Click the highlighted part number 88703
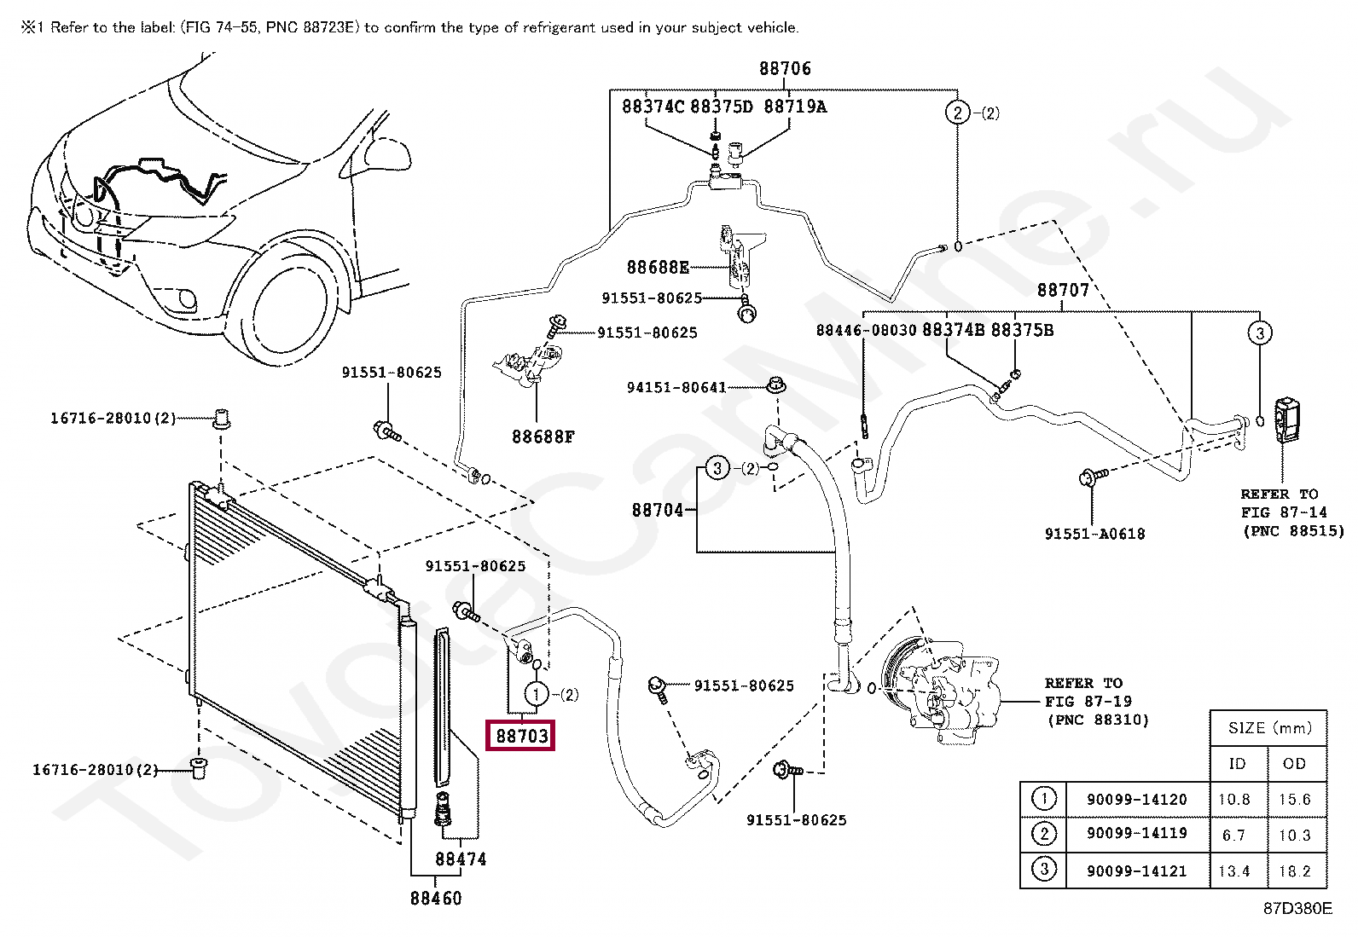point(521,735)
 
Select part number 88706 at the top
point(785,68)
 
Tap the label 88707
point(1063,290)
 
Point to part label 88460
point(436,898)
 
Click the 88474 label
point(461,859)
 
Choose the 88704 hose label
point(658,510)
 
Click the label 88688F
point(543,437)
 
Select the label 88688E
point(658,267)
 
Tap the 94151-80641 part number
point(676,387)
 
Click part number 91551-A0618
point(1095,534)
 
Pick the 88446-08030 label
point(866,330)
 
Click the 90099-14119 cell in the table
point(1137,833)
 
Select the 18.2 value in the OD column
point(1295,871)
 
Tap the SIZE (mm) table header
point(1269,727)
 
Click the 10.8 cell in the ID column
point(1234,800)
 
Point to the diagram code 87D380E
point(1298,909)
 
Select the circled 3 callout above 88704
point(717,468)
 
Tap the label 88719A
point(795,107)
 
